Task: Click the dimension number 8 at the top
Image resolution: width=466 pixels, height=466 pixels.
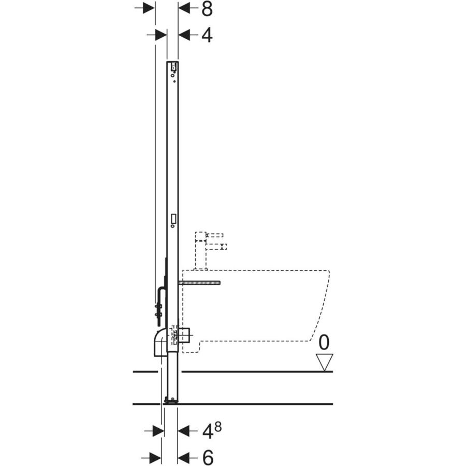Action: point(207,8)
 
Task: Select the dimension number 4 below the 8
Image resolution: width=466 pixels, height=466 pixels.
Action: point(207,35)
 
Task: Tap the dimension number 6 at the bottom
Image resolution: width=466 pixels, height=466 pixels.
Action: point(207,457)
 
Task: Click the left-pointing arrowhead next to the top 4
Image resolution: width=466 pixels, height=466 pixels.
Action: point(185,35)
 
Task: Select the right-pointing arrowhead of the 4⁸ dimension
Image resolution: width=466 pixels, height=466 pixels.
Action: point(157,430)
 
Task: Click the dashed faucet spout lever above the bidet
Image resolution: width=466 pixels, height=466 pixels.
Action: point(215,246)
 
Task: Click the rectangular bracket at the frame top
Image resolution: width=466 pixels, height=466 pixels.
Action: point(173,66)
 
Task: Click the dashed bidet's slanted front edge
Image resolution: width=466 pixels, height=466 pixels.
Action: point(321,311)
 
